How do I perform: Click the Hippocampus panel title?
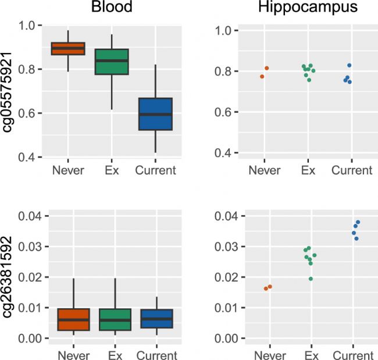point(308,8)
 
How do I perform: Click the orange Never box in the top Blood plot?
point(68,49)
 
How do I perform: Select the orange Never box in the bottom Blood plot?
point(68,320)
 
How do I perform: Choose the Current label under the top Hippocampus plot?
point(352,170)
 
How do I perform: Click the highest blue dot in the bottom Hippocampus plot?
point(358,222)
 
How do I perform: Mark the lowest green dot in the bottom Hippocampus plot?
point(311,279)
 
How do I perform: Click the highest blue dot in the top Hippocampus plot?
point(350,65)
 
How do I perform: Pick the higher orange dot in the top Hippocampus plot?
point(267,69)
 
